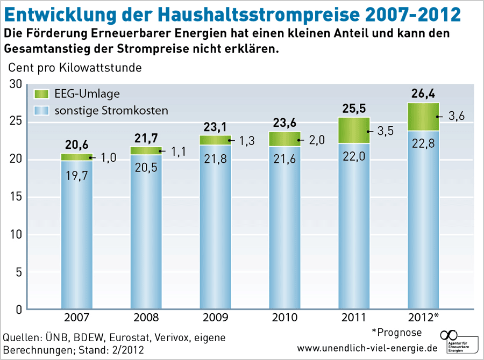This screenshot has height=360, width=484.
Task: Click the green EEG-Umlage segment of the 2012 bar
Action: click(423, 117)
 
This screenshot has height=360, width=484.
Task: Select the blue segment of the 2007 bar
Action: click(77, 236)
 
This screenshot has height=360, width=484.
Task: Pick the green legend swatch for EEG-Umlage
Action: click(41, 94)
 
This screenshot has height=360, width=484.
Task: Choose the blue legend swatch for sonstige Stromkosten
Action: click(41, 111)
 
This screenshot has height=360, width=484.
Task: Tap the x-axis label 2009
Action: click(215, 318)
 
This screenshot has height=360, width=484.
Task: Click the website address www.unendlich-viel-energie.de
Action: click(367, 348)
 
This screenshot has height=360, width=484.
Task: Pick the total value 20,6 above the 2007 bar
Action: click(76, 145)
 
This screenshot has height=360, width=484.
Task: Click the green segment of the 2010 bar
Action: click(284, 139)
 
